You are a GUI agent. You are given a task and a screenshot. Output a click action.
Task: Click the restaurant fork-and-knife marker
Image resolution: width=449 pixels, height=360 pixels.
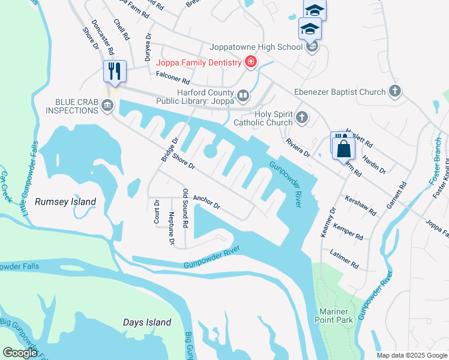pyautogui.click(x=113, y=71)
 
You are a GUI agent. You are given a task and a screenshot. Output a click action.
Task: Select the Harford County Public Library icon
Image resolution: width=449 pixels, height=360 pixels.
pyautogui.click(x=243, y=95)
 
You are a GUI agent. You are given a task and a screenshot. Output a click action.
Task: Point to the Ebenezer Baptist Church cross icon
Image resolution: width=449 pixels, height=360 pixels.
pyautogui.click(x=394, y=92)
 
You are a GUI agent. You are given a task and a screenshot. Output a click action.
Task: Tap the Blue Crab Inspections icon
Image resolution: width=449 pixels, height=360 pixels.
pyautogui.click(x=107, y=106)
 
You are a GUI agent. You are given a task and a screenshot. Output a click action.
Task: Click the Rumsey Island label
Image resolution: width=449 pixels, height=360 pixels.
pyautogui.click(x=65, y=202)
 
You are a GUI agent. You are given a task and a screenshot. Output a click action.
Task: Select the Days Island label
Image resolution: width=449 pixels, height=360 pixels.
pyautogui.click(x=147, y=322)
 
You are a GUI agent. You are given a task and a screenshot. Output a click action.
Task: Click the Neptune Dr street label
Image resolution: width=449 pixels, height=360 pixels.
pyautogui.click(x=172, y=229)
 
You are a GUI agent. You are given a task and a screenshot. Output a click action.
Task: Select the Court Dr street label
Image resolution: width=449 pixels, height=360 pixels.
pyautogui.click(x=157, y=211)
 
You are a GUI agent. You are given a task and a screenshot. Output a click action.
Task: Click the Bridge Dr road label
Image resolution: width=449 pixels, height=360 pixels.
pyautogui.click(x=170, y=150)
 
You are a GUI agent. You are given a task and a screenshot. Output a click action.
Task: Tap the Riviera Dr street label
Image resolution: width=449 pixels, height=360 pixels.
pyautogui.click(x=298, y=149)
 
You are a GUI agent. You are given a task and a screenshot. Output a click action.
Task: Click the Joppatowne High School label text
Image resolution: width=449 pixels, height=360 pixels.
pyautogui.click(x=256, y=47)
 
